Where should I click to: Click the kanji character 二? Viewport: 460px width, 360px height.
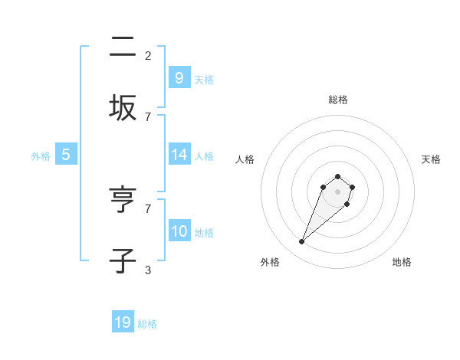click(123, 47)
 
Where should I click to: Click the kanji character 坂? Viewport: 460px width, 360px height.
click(123, 107)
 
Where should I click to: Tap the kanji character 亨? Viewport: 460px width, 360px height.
click(123, 201)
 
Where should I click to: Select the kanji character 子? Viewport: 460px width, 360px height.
click(123, 260)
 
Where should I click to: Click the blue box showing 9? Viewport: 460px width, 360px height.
click(179, 77)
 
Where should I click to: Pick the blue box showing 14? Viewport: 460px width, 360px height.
click(179, 154)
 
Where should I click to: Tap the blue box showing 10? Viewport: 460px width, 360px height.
click(179, 231)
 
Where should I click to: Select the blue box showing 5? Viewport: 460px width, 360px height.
click(66, 154)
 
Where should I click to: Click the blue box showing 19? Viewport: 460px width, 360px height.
click(123, 322)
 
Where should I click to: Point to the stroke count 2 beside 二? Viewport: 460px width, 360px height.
click(148, 55)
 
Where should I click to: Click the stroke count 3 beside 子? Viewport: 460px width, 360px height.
click(148, 270)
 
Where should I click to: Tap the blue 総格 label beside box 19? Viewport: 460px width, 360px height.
click(147, 324)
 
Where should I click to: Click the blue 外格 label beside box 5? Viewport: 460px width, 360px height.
click(41, 155)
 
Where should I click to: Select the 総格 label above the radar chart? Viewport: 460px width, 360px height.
click(338, 100)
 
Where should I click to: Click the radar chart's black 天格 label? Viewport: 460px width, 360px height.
click(432, 159)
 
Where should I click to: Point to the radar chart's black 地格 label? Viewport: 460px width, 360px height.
click(402, 262)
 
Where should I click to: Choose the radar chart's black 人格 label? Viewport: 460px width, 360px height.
click(245, 159)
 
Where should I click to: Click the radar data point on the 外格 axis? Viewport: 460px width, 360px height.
click(301, 242)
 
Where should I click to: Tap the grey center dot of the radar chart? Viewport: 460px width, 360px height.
click(338, 191)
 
